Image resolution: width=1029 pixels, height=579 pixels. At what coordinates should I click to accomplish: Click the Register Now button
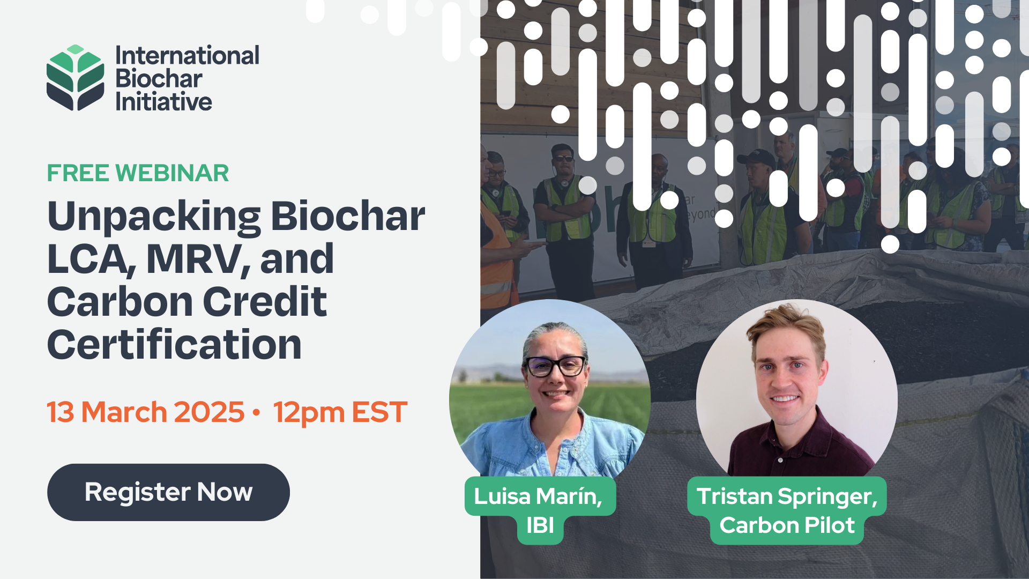point(168,492)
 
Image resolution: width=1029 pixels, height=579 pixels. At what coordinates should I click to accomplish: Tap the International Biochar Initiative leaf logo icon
point(75,78)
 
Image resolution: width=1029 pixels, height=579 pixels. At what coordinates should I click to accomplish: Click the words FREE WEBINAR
point(138,173)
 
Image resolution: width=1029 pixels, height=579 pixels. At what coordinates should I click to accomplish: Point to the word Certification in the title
point(174,345)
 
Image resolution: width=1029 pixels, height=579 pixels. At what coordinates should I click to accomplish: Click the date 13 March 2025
point(145,412)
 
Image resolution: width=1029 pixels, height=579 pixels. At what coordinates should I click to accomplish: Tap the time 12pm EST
point(340,412)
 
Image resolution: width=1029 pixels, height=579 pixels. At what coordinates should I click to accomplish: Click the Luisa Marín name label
point(538,496)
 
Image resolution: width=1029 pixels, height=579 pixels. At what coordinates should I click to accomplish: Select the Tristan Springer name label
point(786,496)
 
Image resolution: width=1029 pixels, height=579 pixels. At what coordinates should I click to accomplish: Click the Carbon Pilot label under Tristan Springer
point(787,526)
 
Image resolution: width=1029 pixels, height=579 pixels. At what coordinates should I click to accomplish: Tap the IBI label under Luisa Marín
point(540,526)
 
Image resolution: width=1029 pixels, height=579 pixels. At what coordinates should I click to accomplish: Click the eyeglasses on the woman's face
point(555,367)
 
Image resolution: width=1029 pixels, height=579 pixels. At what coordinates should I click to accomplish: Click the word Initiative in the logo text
point(163,102)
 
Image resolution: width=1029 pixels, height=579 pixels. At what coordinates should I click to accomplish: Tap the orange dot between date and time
point(257,412)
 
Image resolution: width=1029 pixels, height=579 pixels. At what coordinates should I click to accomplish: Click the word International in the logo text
point(187,56)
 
